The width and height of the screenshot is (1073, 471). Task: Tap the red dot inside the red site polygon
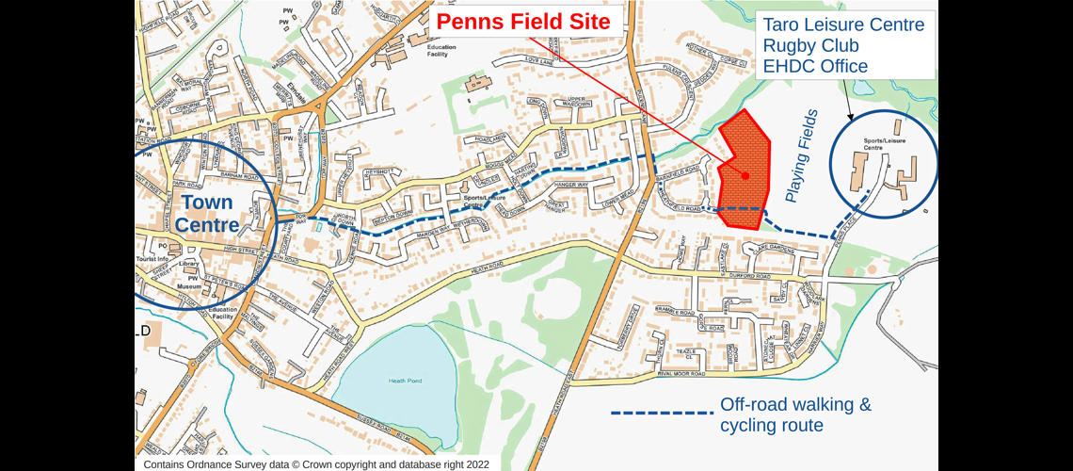(x=745, y=175)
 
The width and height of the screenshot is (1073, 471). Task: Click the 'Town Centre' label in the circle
(x=207, y=214)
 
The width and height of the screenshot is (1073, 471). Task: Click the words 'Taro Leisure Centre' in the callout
(x=843, y=24)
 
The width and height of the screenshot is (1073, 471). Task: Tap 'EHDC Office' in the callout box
(x=815, y=66)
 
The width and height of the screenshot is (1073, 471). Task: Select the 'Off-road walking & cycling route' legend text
(x=795, y=414)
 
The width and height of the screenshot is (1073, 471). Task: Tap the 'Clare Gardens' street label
(x=766, y=248)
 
